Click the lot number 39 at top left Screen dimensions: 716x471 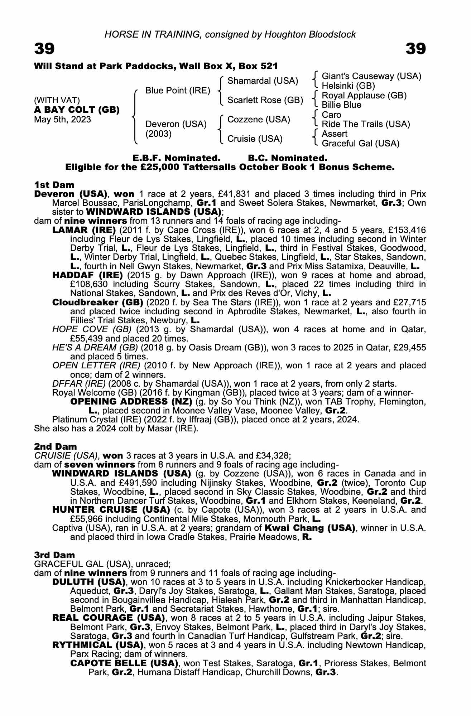[x=44, y=49]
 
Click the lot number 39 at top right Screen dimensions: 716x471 [x=415, y=49]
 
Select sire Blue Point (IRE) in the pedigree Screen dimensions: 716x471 [x=178, y=91]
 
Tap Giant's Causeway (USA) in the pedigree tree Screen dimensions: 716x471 [x=371, y=76]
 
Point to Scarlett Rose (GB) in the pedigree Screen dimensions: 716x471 [x=265, y=100]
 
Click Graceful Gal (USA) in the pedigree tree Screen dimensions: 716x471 [x=360, y=144]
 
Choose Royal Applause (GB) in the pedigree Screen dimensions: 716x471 [x=364, y=96]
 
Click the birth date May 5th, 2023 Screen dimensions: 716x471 [x=62, y=120]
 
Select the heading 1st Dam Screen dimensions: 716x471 [x=54, y=185]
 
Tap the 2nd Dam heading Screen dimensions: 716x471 [x=55, y=446]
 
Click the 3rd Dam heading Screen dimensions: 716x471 [x=54, y=555]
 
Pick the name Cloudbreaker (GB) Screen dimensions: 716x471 [x=97, y=302]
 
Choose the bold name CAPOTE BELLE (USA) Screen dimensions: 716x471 [x=124, y=663]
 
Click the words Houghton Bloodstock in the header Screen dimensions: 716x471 [x=310, y=34]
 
